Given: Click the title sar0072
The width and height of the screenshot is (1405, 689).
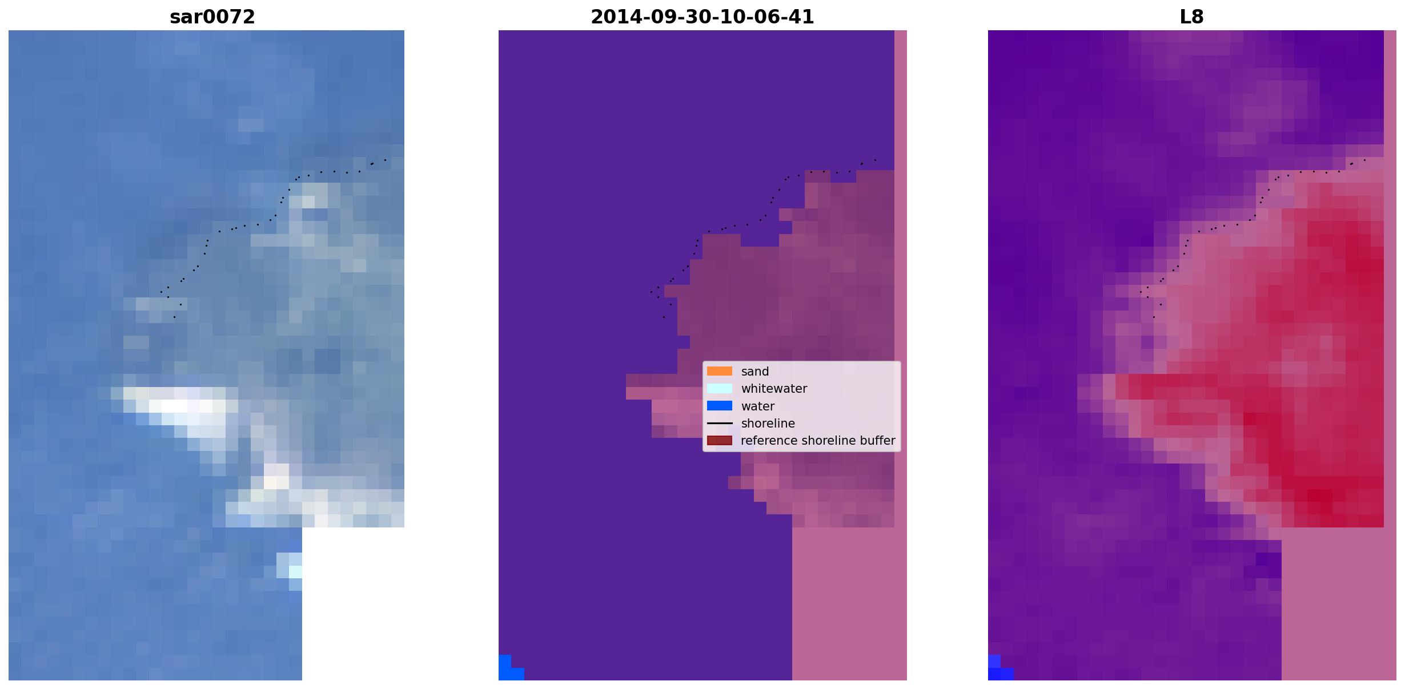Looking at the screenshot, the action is (x=212, y=17).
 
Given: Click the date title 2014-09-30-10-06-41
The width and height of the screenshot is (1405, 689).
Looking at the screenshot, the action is (x=702, y=17).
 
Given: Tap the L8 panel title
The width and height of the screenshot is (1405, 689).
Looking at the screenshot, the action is (x=1191, y=17).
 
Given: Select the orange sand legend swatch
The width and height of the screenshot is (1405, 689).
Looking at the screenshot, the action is (x=720, y=371).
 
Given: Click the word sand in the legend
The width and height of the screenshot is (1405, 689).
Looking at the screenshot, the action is (x=755, y=372).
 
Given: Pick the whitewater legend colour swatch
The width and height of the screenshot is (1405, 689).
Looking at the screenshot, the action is (x=720, y=388).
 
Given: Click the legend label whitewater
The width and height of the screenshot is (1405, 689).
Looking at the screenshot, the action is (x=774, y=389).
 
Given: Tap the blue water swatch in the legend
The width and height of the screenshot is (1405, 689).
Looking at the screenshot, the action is (x=720, y=406).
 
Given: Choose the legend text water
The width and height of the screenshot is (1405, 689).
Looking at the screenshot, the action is (x=758, y=406).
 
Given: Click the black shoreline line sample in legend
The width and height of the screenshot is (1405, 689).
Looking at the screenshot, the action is (x=720, y=423).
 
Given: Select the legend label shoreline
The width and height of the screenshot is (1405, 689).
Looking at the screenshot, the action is (x=768, y=424).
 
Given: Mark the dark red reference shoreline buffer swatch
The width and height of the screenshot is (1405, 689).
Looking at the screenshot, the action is (x=720, y=440).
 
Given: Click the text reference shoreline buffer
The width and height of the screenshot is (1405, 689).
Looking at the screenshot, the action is (x=818, y=441).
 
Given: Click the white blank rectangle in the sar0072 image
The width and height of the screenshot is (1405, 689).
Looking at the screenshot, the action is (x=353, y=604).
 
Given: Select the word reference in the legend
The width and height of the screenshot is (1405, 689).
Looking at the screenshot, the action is (x=766, y=441).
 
